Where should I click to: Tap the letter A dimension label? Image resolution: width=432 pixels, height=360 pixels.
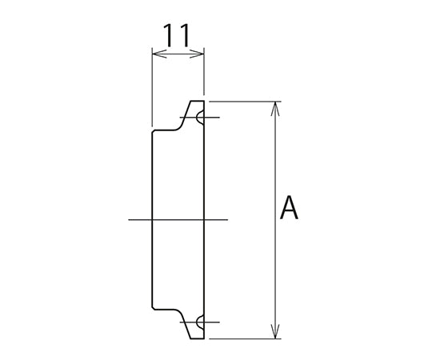(290, 210)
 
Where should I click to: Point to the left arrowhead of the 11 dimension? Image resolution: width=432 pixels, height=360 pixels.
(154, 55)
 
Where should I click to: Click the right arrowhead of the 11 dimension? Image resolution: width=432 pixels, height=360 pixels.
(201, 55)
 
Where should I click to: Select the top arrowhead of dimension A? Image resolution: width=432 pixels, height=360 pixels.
(276, 106)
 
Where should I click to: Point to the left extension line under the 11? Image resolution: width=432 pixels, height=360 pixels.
(151, 88)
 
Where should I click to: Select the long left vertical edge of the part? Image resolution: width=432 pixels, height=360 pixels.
(151, 219)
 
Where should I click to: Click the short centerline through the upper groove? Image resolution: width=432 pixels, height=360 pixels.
(186, 118)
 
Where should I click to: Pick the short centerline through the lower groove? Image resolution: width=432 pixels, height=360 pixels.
(186, 322)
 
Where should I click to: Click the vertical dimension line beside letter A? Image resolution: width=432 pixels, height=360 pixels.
(276, 160)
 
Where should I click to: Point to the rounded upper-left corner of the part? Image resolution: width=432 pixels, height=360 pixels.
(154, 133)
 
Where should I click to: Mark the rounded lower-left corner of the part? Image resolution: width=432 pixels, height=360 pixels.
(154, 307)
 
